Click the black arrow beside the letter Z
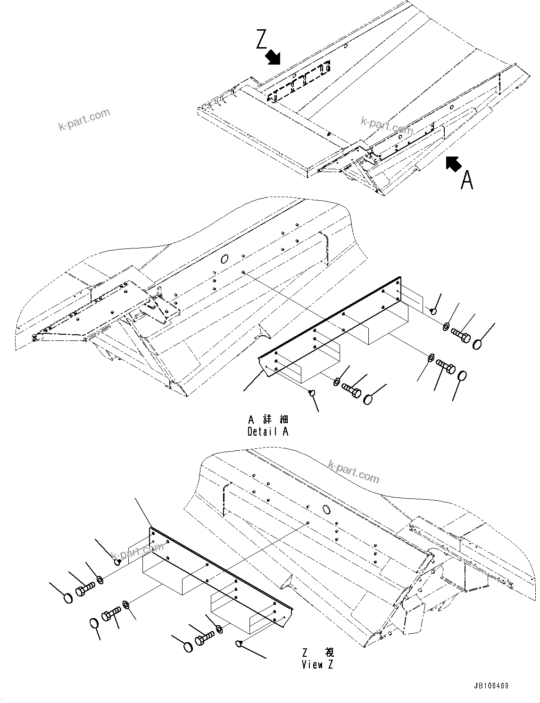(272, 58)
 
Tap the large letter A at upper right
(466, 180)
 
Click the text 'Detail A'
(267, 431)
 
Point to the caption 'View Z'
(319, 665)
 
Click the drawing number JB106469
(489, 686)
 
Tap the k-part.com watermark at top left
(84, 120)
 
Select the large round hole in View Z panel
(325, 509)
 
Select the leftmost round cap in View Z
(68, 598)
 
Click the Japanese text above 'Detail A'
(267, 419)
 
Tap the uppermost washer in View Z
(100, 579)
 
